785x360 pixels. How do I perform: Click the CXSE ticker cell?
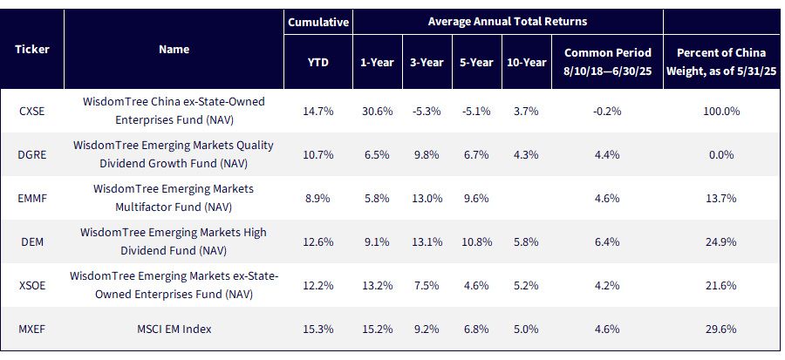point(32,111)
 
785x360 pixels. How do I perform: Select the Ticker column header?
point(32,49)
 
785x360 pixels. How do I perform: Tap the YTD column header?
point(317,63)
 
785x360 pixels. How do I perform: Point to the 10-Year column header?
point(527,63)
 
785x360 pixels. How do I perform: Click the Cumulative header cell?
point(317,22)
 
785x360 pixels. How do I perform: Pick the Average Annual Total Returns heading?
point(508,22)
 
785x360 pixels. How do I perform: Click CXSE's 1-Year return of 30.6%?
point(378,111)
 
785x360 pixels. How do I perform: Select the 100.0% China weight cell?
point(721,111)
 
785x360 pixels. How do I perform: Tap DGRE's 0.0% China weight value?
point(721,154)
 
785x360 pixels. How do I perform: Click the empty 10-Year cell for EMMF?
point(527,198)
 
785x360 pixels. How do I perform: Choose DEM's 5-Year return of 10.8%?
point(477,242)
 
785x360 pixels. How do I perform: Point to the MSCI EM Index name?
point(174,329)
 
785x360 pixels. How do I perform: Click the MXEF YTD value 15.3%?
point(317,329)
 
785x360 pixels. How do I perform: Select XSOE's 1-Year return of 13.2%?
point(378,286)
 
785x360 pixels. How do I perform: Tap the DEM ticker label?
point(32,242)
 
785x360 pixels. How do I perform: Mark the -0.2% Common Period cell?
point(607,111)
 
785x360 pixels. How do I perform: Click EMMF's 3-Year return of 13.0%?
point(427,198)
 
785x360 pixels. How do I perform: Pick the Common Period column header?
point(607,62)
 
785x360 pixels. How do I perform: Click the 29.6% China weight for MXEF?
point(721,329)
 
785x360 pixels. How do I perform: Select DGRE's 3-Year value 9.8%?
point(427,154)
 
